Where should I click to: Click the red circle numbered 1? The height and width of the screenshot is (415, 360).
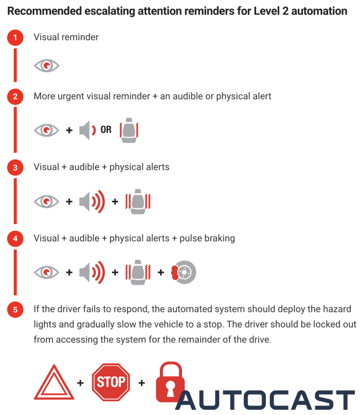[x=15, y=37]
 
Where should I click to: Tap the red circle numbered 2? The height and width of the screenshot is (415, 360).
[x=15, y=97]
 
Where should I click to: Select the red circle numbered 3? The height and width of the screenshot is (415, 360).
[x=15, y=167]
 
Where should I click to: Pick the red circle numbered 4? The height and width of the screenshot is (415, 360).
[x=15, y=239]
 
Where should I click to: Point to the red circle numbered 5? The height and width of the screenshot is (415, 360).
[x=15, y=309]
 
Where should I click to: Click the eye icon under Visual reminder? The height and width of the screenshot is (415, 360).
[x=46, y=65]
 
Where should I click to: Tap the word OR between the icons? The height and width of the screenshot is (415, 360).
[x=106, y=130]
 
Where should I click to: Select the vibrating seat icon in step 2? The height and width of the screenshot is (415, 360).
[x=129, y=130]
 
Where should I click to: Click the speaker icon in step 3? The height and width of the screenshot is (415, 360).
[x=92, y=201]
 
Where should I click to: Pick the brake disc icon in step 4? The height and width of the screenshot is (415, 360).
[x=184, y=272]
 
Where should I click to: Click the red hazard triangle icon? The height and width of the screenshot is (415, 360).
[x=54, y=382]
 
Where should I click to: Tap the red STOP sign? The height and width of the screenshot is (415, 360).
[x=111, y=382]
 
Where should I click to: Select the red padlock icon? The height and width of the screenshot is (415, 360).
[x=170, y=382]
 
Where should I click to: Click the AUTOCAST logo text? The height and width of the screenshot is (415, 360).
[x=265, y=400]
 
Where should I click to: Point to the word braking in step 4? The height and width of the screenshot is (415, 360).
[x=220, y=238]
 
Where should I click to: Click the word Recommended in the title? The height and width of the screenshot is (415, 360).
[x=44, y=11]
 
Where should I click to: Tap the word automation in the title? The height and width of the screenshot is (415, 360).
[x=319, y=11]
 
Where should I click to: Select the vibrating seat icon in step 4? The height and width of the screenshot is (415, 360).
[x=138, y=272]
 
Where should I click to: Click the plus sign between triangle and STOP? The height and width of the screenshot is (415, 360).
[x=80, y=383]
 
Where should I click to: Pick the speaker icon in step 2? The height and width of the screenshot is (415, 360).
[x=87, y=130]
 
